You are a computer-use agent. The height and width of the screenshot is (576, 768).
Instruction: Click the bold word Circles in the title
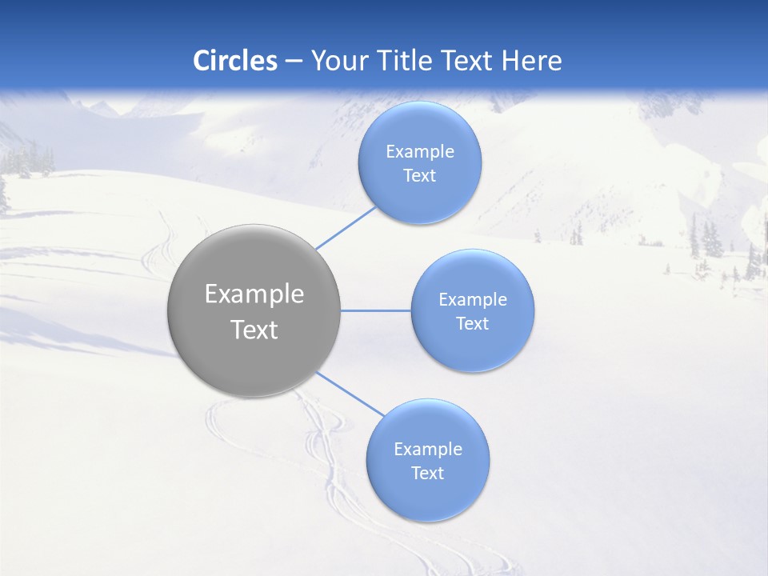pyautogui.click(x=234, y=61)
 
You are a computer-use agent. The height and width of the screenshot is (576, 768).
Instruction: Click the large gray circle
pyautogui.click(x=254, y=360)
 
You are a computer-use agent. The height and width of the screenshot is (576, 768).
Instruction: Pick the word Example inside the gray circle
pyautogui.click(x=254, y=294)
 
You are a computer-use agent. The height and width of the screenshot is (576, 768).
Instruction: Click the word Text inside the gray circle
pyautogui.click(x=254, y=330)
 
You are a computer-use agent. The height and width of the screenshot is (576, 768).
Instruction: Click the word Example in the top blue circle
pyautogui.click(x=420, y=152)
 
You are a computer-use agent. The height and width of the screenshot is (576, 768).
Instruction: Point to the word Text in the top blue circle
pyautogui.click(x=420, y=176)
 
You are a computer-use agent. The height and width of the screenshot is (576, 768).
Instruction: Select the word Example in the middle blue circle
pyautogui.click(x=473, y=300)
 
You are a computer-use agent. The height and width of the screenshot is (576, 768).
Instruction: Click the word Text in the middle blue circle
pyautogui.click(x=473, y=324)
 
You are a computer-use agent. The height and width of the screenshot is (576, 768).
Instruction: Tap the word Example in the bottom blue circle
pyautogui.click(x=428, y=450)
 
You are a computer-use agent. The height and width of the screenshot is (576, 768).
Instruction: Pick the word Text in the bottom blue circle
pyautogui.click(x=428, y=474)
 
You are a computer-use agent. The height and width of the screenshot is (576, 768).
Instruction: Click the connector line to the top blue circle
pyautogui.click(x=346, y=228)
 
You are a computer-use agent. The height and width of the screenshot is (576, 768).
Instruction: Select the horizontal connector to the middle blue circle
pyautogui.click(x=376, y=310)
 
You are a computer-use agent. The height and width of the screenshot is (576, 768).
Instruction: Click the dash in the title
pyautogui.click(x=294, y=61)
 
